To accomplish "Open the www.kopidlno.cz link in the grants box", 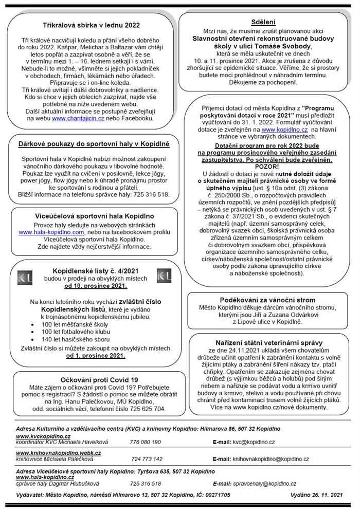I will [284, 131].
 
